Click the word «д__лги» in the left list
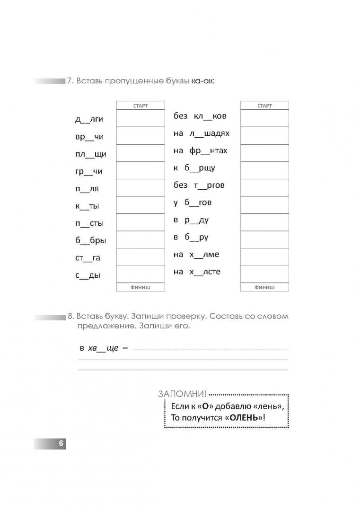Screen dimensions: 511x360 point(89,120)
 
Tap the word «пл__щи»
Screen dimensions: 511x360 point(90,154)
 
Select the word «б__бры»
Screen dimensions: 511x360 point(90,241)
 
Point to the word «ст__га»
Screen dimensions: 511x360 point(88,258)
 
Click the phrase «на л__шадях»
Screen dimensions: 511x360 point(201,133)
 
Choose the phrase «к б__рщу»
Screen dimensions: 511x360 point(194,168)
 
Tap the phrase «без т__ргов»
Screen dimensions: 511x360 point(199,185)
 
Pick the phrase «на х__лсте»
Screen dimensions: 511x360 point(197,272)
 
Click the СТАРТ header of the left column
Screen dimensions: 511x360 point(140,106)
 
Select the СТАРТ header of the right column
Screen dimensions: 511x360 point(264,106)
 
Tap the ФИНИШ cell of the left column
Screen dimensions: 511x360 point(140,287)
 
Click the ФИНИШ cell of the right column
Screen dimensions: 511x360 point(264,287)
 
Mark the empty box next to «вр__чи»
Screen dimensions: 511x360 point(140,136)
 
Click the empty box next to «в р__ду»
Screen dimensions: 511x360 point(264,222)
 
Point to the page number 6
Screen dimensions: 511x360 point(61,444)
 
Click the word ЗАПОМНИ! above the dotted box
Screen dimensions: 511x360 point(183,394)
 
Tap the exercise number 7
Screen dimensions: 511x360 point(70,81)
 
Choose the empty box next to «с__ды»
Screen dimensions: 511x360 point(140,274)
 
